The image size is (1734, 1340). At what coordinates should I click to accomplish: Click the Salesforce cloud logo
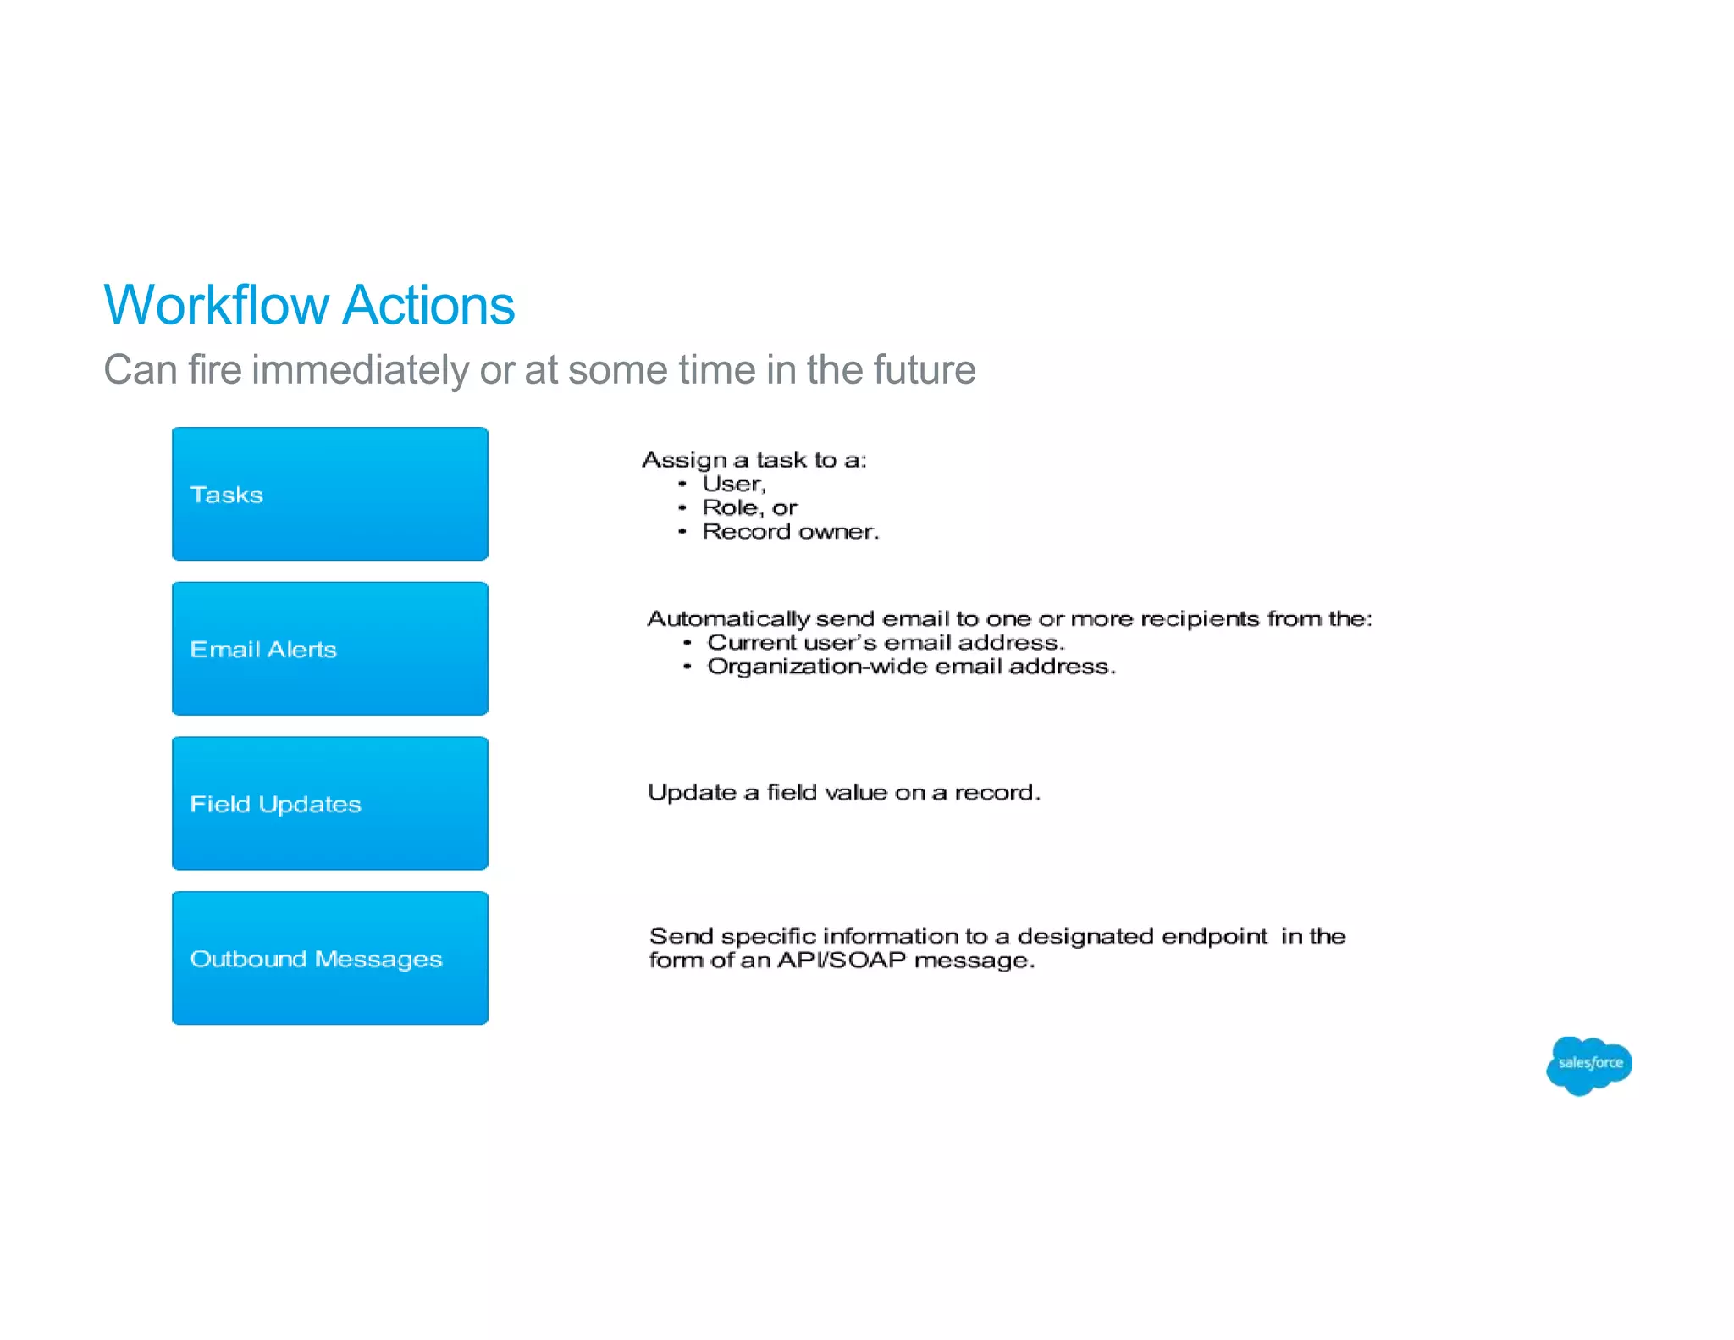[1588, 1065]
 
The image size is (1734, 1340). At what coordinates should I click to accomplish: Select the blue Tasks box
[329, 494]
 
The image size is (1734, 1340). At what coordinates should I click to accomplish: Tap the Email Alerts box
[329, 649]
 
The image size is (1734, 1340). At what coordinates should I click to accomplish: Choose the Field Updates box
[329, 803]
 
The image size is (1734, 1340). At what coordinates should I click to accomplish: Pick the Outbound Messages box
[329, 958]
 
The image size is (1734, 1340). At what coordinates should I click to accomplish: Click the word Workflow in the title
[216, 305]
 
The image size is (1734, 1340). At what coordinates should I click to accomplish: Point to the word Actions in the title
[429, 305]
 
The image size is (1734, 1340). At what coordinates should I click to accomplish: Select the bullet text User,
[733, 484]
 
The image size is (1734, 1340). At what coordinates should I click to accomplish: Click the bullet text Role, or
[749, 507]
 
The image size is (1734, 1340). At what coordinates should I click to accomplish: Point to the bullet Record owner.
[790, 531]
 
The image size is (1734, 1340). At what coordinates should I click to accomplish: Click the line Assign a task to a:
[754, 460]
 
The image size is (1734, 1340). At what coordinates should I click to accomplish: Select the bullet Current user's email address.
[885, 642]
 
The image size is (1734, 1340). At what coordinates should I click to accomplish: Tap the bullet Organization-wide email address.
[911, 667]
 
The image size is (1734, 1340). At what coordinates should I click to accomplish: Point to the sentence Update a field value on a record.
[843, 792]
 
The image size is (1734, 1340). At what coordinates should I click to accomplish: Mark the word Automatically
[728, 619]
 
